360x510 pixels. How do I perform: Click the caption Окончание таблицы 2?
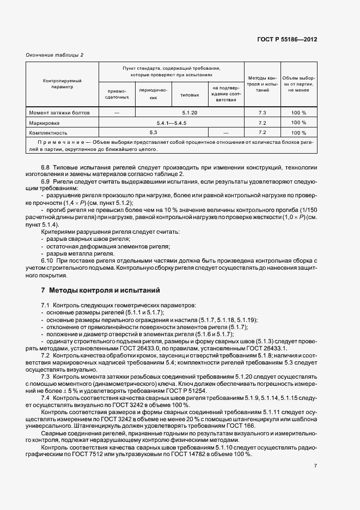click(54, 55)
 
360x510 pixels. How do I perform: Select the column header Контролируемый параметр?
click(62, 83)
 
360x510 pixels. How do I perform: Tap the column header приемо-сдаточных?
click(117, 93)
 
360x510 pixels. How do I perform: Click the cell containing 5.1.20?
click(190, 113)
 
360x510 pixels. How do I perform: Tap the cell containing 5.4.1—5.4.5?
click(171, 123)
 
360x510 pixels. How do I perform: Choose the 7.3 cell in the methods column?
click(262, 113)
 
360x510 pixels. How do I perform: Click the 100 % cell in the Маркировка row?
click(298, 123)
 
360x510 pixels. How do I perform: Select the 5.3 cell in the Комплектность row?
click(153, 132)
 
